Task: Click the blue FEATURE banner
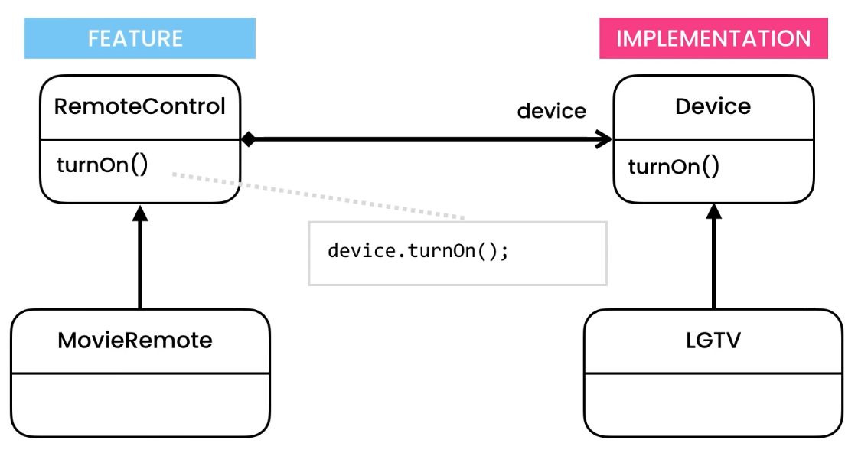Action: click(139, 38)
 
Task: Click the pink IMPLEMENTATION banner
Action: click(713, 38)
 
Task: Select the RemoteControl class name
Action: click(140, 106)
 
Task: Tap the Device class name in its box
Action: click(713, 106)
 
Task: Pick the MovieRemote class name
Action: click(135, 340)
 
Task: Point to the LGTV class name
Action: click(713, 340)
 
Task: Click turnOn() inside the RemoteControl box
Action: click(102, 165)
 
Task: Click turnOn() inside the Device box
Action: click(674, 166)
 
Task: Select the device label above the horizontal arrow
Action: click(551, 111)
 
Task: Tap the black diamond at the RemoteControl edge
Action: click(248, 139)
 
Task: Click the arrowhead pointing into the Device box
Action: click(604, 139)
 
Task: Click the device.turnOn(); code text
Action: click(418, 251)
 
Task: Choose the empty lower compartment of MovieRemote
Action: click(140, 404)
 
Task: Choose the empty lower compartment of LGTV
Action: click(713, 404)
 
